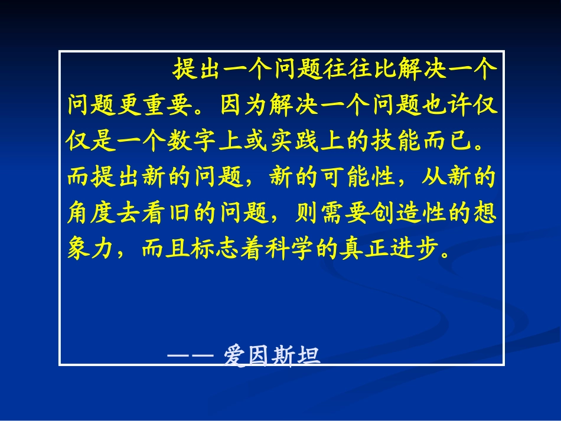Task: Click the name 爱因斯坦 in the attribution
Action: pos(272,356)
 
